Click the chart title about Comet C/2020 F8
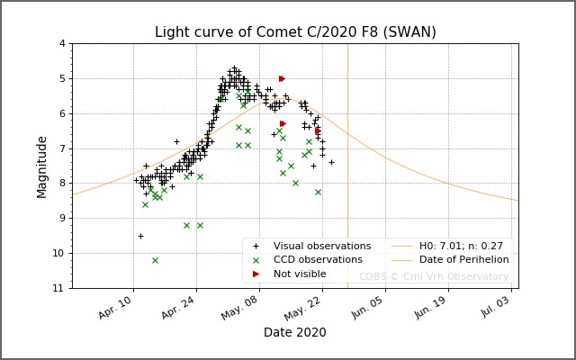(295, 32)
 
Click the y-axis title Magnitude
(42, 166)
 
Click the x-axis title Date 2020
(294, 333)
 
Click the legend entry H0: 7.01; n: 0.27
(460, 246)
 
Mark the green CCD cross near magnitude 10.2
(155, 260)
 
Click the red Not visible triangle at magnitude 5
(282, 78)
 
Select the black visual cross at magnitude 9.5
(140, 236)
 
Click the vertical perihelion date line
(347, 180)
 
